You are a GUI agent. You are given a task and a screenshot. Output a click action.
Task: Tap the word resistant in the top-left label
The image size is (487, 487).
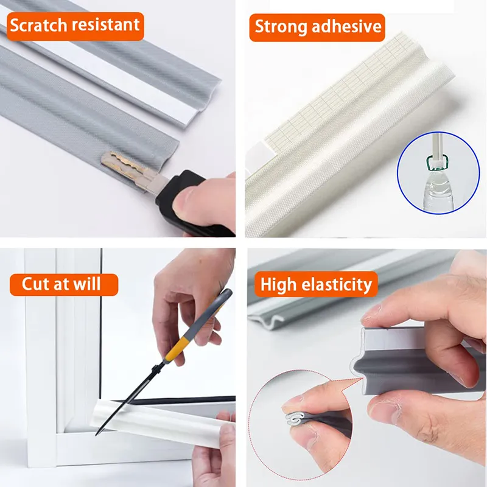pos(108,26)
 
